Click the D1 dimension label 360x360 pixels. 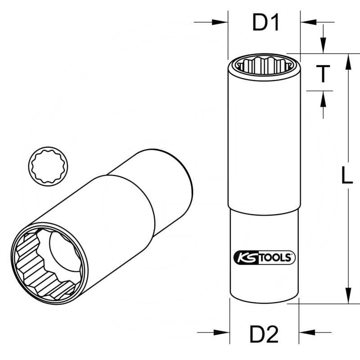[x=266, y=22]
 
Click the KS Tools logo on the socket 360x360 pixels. [x=264, y=257]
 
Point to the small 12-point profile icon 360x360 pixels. [x=47, y=165]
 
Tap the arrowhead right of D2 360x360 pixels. [x=306, y=333]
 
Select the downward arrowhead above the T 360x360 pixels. [x=323, y=47]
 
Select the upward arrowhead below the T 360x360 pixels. [x=323, y=98]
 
